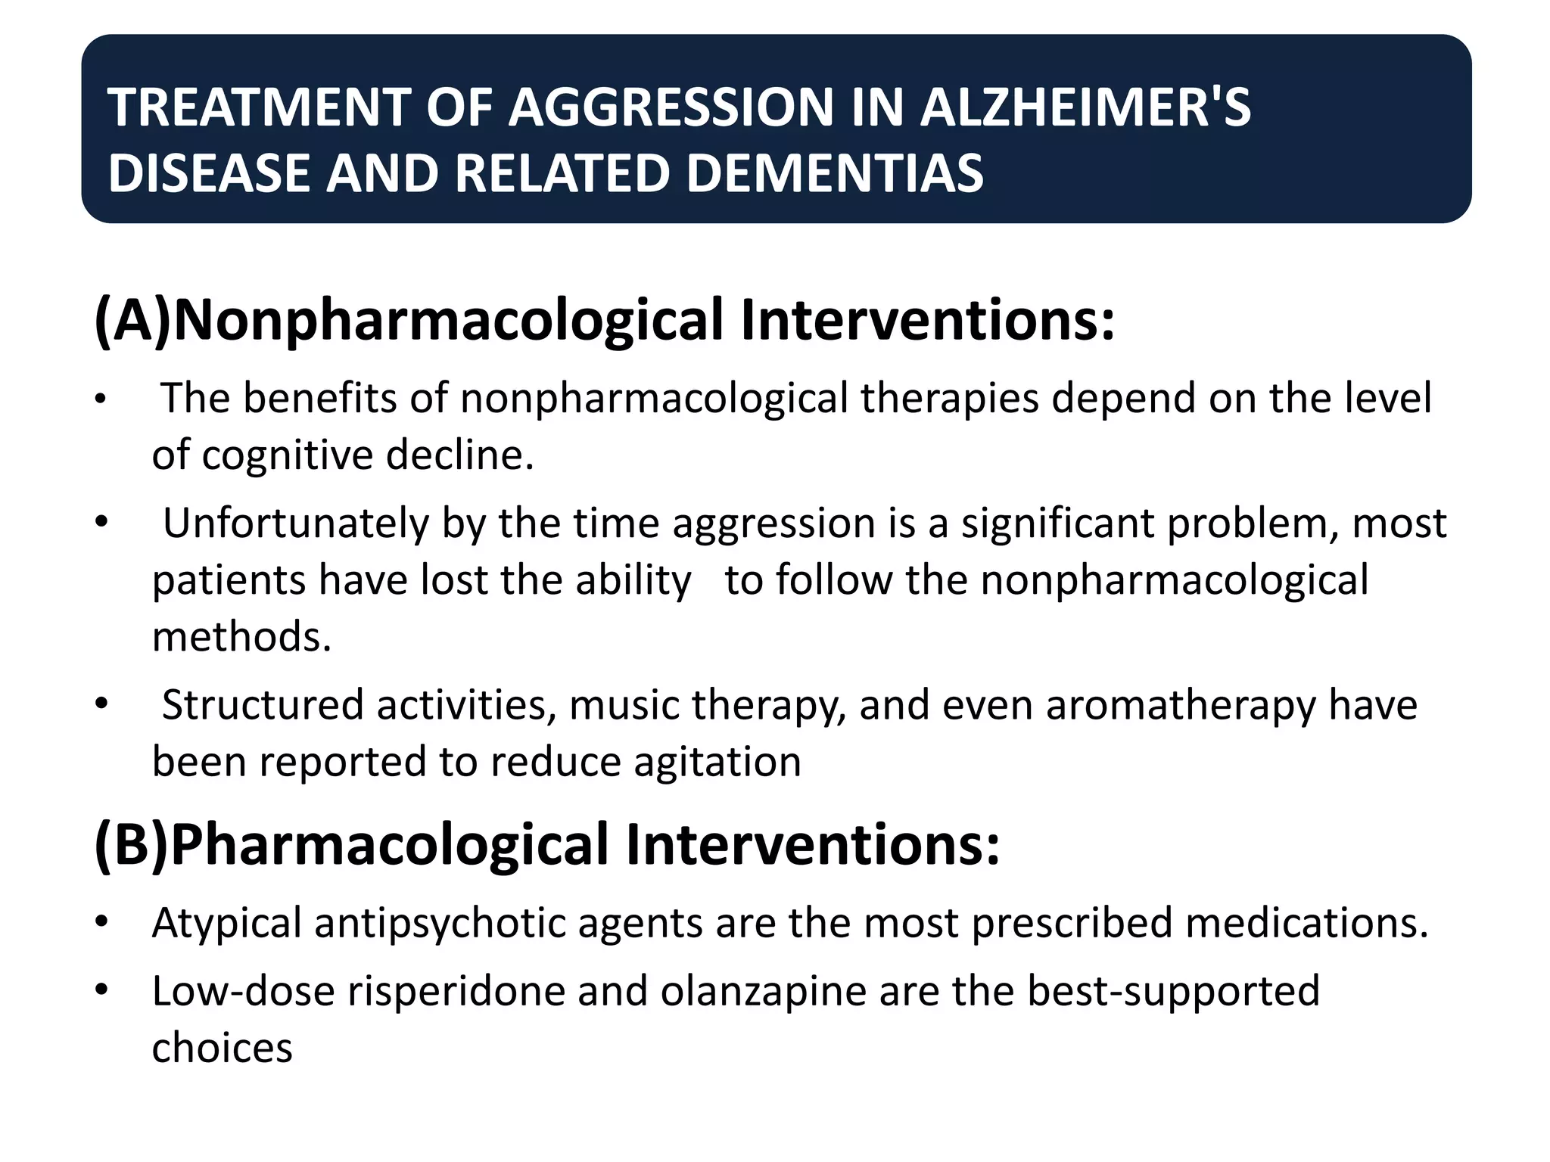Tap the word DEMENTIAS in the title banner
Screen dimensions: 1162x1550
pyautogui.click(x=834, y=173)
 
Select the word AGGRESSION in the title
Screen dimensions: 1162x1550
pyautogui.click(x=671, y=107)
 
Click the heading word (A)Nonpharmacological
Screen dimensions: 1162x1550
pyautogui.click(x=409, y=320)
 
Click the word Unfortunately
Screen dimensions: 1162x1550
pyautogui.click(x=296, y=523)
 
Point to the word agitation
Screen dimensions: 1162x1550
pyautogui.click(x=717, y=761)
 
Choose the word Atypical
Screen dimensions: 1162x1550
pyautogui.click(x=226, y=923)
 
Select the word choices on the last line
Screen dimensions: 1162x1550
pyautogui.click(x=222, y=1048)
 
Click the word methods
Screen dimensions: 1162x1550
pyautogui.click(x=241, y=636)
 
